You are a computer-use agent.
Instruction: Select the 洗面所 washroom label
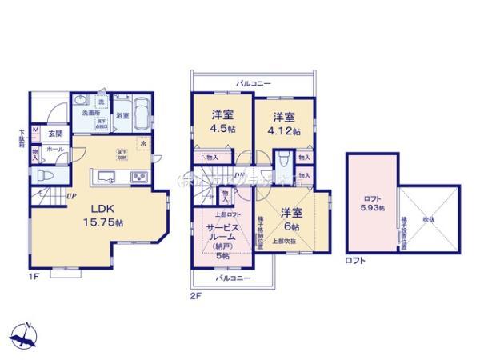(82, 113)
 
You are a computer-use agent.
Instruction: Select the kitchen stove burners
(136, 176)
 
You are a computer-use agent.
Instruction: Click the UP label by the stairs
(71, 195)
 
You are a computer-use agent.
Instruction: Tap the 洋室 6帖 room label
(292, 219)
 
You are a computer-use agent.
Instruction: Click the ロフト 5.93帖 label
(370, 203)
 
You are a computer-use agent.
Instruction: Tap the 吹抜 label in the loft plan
(430, 218)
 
